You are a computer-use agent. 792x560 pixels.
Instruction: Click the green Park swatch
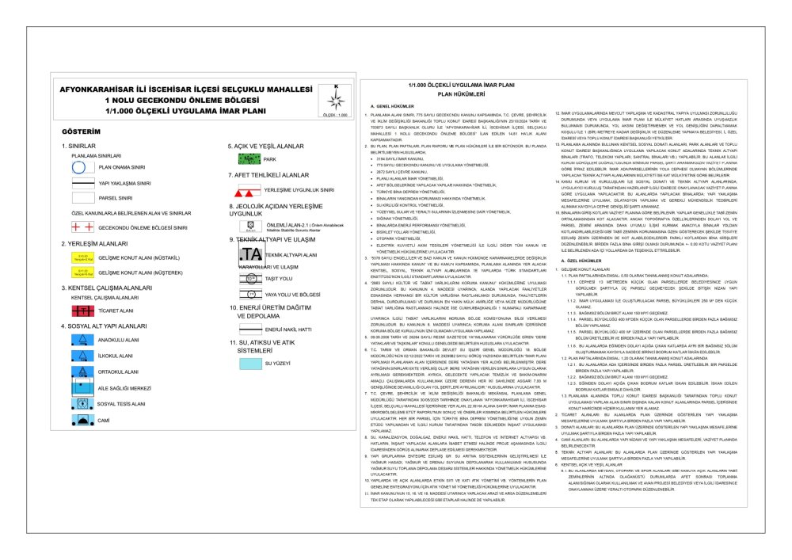tap(244, 158)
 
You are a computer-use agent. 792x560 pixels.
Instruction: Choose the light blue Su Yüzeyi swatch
tap(244, 362)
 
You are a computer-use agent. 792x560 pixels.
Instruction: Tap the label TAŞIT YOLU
tap(278, 280)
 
